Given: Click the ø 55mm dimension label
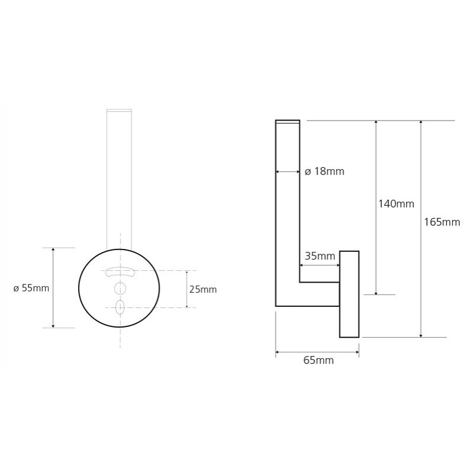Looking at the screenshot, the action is [x=31, y=288].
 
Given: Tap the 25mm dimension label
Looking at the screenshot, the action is [x=203, y=289].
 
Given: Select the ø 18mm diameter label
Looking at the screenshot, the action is [x=324, y=171].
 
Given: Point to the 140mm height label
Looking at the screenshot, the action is [x=396, y=204].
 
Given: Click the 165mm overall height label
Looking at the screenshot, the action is [x=442, y=222].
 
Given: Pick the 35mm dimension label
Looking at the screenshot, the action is [x=320, y=256].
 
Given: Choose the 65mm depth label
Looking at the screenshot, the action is [x=319, y=360].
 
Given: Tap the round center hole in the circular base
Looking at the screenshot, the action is [x=120, y=289].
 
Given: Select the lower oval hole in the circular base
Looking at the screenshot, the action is [x=120, y=307].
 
